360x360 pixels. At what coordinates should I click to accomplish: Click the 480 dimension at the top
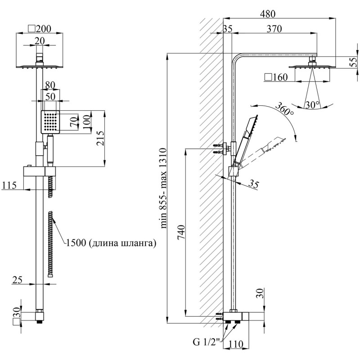[x=267, y=14]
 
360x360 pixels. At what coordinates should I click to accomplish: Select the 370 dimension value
[x=274, y=29]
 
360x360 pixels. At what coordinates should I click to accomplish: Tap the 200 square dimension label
[x=40, y=29]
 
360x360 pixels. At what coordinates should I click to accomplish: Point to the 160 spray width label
[x=276, y=77]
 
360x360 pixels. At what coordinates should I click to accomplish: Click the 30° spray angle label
[x=312, y=105]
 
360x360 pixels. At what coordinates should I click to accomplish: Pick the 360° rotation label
[x=284, y=109]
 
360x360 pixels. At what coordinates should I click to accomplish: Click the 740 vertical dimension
[x=181, y=232]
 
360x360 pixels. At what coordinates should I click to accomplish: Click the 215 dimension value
[x=100, y=138]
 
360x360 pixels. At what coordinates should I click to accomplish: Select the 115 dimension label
[x=9, y=185]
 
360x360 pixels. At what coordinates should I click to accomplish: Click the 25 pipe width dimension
[x=18, y=280]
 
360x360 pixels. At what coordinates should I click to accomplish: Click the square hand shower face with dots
[x=50, y=122]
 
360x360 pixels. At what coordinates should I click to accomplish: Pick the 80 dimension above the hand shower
[x=50, y=85]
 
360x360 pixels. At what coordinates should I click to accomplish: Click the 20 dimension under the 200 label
[x=40, y=41]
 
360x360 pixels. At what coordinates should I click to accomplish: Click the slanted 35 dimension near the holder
[x=254, y=184]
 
